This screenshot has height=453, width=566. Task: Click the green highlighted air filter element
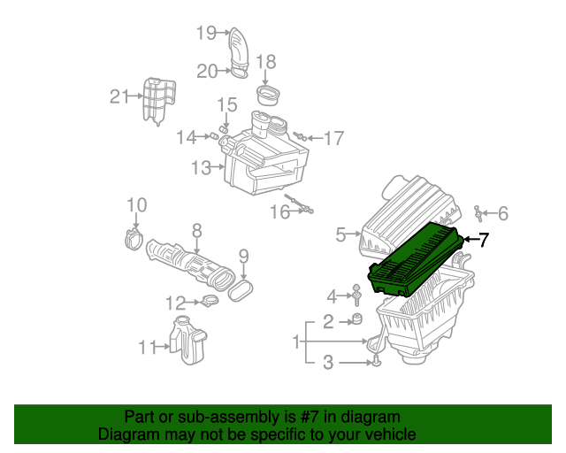point(414,258)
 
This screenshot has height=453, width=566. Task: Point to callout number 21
point(119,96)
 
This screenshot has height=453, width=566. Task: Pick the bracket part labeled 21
point(157,99)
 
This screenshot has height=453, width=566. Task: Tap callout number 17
point(333,139)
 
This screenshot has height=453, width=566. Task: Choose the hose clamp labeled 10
point(134,237)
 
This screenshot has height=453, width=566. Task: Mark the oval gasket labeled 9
point(243,288)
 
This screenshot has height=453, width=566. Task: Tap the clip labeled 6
point(478,211)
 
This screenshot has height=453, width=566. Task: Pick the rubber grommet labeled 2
point(357,319)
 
